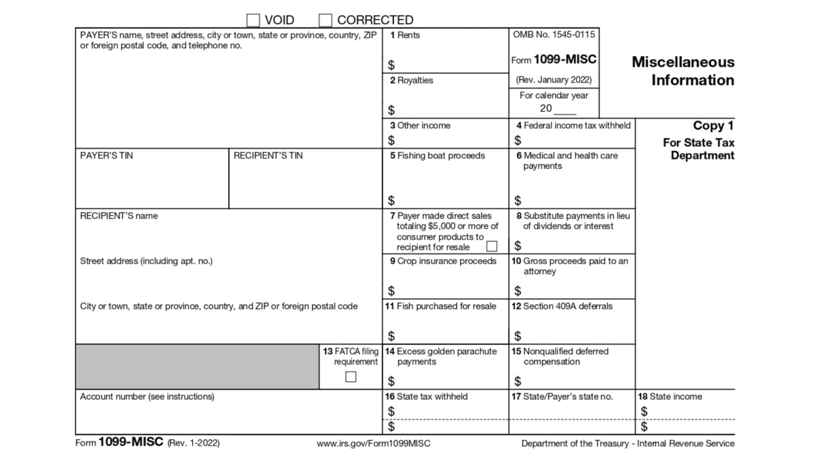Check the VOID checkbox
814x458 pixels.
pos(253,20)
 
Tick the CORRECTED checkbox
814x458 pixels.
pos(325,20)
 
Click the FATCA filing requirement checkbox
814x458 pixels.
pos(351,377)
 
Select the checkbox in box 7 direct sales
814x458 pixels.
pos(492,246)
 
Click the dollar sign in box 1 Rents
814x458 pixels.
pos(391,65)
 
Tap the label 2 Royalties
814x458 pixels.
pos(411,81)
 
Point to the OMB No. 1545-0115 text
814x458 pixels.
pos(554,34)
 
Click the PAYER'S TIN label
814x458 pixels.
pos(107,156)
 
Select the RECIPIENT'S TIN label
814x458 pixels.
pos(268,156)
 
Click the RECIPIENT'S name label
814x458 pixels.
pos(119,216)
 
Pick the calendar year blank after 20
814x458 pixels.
pos(565,109)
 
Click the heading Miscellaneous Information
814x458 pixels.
pos(683,71)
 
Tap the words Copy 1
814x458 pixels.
pos(713,126)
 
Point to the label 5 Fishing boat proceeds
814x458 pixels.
pos(437,156)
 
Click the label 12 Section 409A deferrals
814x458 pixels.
pos(562,306)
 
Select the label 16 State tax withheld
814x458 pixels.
pos(426,397)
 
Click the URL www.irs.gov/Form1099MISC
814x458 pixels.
pos(374,444)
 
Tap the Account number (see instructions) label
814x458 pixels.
pos(147,397)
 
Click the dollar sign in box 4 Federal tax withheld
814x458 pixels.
pos(518,140)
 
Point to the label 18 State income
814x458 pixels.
pos(670,397)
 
